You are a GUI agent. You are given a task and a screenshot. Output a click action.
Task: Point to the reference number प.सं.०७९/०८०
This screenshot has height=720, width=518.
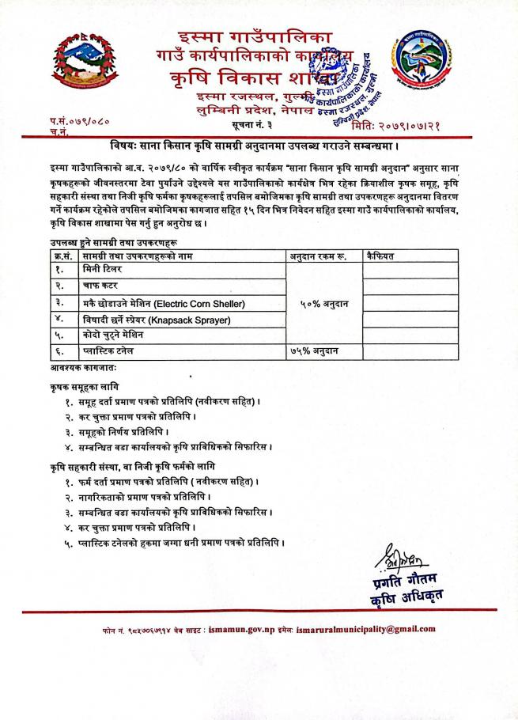pyautogui.click(x=80, y=120)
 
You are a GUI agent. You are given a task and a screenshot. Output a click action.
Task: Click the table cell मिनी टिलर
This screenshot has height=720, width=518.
pyautogui.click(x=101, y=270)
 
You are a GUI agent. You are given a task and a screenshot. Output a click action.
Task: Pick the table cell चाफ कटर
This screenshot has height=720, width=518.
pyautogui.click(x=99, y=286)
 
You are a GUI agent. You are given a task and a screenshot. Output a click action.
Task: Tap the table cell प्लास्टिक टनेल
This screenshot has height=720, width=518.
pyautogui.click(x=108, y=350)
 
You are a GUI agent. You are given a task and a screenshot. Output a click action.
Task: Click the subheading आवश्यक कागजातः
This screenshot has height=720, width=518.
pyautogui.click(x=74, y=366)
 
